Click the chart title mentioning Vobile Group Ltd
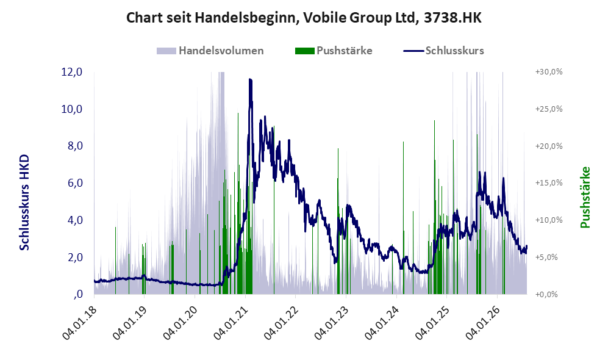click(x=304, y=18)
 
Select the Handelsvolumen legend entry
click(x=210, y=51)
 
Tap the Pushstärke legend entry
click(x=334, y=51)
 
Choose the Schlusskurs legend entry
click(x=443, y=51)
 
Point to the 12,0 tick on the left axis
click(x=72, y=72)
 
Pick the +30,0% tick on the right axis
click(x=549, y=72)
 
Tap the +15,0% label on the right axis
click(x=549, y=182)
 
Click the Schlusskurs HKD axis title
click(x=24, y=203)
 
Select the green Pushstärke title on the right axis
click(x=585, y=198)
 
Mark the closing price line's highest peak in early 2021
click(x=250, y=79)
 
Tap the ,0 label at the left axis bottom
click(x=77, y=294)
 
